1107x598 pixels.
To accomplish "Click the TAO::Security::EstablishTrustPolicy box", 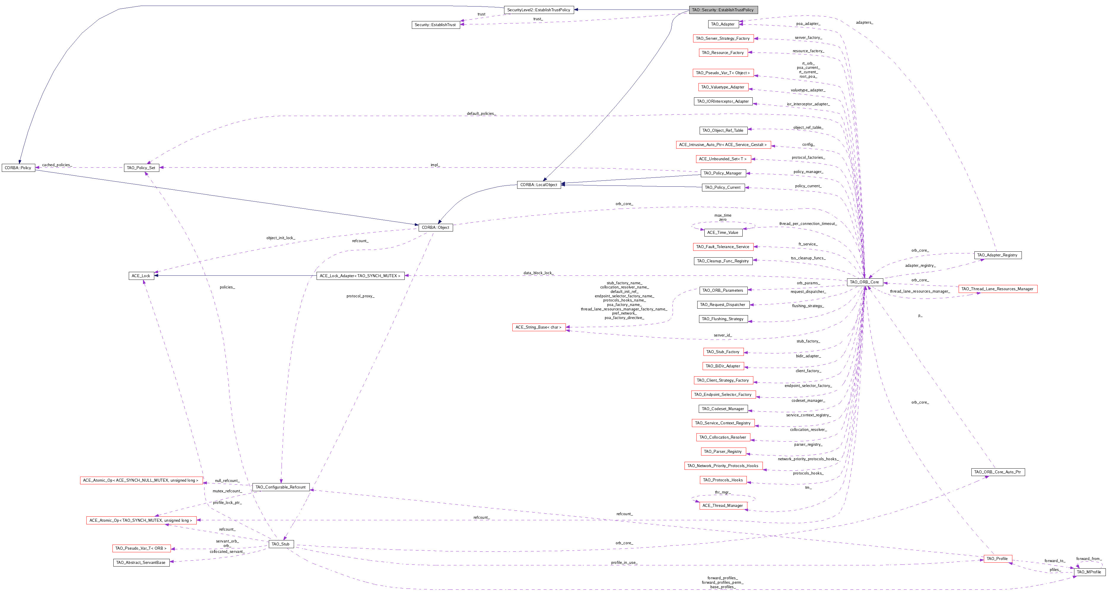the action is click(723, 10).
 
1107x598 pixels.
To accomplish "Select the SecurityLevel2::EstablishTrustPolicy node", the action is click(539, 10).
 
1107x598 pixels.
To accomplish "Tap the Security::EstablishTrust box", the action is click(435, 25).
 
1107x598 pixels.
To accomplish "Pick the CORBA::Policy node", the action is click(18, 168).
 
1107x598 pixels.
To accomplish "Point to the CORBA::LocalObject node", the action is click(539, 185).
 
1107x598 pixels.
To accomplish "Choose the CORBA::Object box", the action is click(435, 227).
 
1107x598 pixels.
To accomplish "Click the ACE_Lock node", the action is click(141, 276).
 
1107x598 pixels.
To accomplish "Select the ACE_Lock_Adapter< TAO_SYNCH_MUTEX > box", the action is click(360, 276).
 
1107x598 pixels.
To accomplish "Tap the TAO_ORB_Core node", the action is click(865, 282).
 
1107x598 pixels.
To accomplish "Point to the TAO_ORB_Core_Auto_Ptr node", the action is click(998, 472).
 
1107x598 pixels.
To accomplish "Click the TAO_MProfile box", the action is click(1089, 572).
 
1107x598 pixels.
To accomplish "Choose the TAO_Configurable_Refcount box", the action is click(281, 487).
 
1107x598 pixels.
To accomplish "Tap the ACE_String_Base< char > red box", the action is click(539, 327).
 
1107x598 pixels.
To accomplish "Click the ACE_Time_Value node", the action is click(723, 233).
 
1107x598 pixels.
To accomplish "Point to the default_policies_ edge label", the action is click(481, 113).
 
